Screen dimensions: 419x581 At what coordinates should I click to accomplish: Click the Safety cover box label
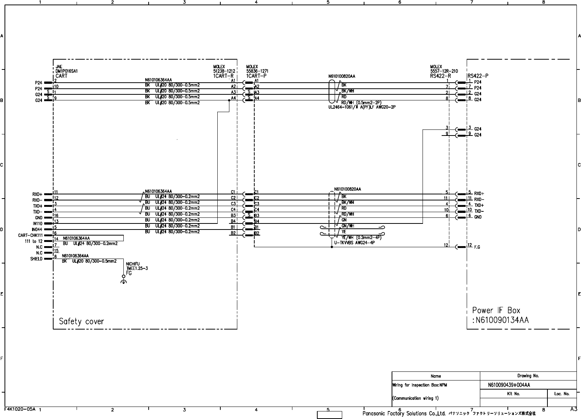[x=81, y=322]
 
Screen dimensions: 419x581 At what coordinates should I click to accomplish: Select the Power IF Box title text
[x=496, y=311]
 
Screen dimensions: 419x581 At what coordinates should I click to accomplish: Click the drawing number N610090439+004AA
[x=509, y=385]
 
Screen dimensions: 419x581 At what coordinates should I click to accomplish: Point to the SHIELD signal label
[x=36, y=259]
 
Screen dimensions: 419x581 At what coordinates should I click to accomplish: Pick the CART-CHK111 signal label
[x=30, y=235]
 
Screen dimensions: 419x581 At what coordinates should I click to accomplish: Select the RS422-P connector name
[x=478, y=75]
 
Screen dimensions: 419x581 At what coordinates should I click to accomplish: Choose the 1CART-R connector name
[x=223, y=75]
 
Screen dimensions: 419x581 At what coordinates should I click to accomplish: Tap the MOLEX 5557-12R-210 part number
[x=444, y=71]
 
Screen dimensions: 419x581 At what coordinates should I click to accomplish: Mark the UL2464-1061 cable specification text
[x=361, y=107]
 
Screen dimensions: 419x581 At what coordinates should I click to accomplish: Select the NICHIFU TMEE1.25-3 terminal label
[x=137, y=266]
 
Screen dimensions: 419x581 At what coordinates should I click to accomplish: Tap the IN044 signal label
[x=37, y=229]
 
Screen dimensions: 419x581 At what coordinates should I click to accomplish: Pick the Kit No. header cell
[x=513, y=394]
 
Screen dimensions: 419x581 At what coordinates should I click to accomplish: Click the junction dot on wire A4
[x=229, y=100]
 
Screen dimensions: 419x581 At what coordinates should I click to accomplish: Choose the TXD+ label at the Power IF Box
[x=479, y=205]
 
